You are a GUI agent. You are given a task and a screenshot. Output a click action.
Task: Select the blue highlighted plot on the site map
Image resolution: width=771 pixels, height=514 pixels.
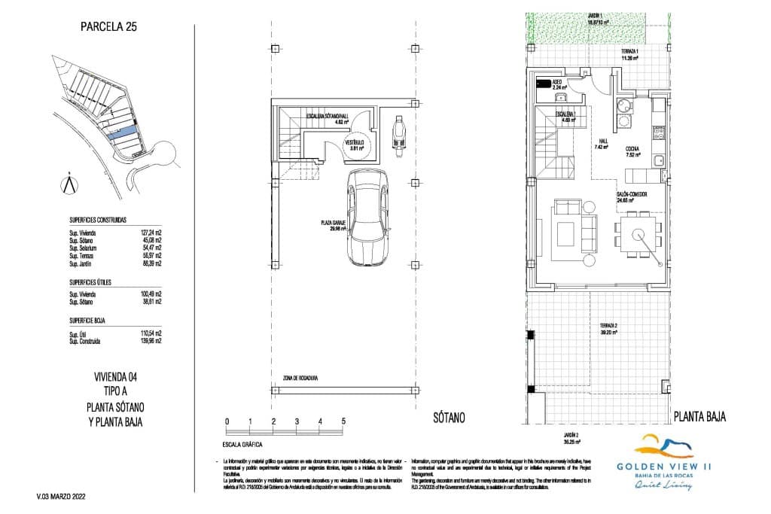(x=123, y=134)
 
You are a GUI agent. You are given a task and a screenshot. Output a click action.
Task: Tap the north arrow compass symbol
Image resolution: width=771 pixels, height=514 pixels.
(x=69, y=184)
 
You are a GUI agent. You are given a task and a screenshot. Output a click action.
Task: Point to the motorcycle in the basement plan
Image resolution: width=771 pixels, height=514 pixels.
(x=399, y=133)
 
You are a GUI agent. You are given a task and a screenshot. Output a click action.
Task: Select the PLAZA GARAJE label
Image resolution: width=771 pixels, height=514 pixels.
(x=332, y=224)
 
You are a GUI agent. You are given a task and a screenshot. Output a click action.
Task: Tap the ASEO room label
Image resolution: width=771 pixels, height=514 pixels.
(x=558, y=81)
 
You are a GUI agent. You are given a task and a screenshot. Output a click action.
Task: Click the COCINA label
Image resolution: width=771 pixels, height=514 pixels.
(x=632, y=150)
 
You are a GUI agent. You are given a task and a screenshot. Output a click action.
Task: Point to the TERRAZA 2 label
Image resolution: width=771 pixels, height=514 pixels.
(x=608, y=326)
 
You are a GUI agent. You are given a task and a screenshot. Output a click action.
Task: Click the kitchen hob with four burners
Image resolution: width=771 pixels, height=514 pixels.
(x=658, y=134)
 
